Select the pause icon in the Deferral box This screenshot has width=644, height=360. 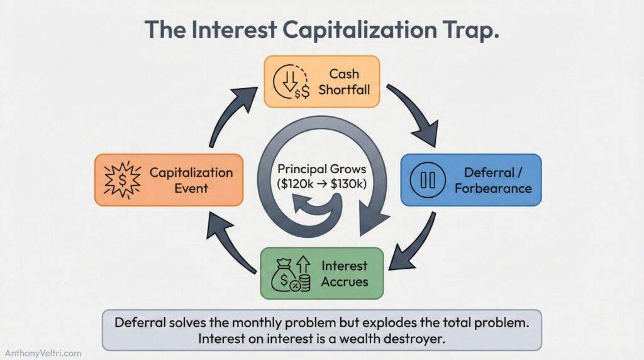428,180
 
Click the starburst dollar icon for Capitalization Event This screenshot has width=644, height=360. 121,180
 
